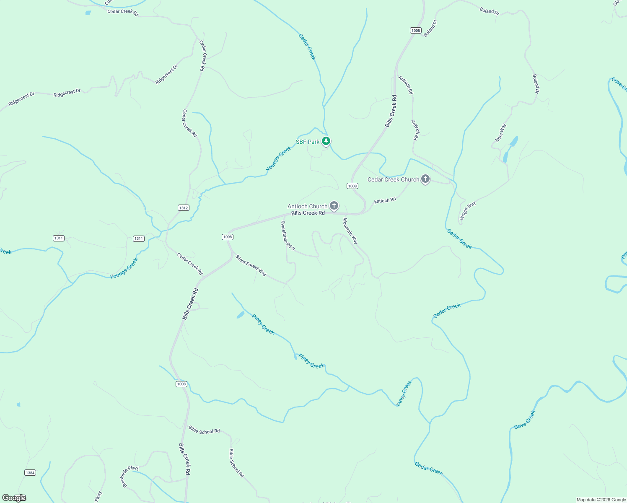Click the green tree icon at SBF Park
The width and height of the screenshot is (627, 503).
(326, 141)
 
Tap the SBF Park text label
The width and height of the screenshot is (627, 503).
(308, 142)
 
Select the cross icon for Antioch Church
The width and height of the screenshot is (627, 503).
(334, 205)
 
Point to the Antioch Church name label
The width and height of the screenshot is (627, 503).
(307, 206)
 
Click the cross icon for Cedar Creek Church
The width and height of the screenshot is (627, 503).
(425, 179)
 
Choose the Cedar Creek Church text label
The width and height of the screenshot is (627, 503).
(393, 179)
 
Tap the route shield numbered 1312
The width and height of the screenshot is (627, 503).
(183, 207)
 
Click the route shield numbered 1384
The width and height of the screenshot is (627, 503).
(30, 472)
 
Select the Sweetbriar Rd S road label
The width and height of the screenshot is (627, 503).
(288, 236)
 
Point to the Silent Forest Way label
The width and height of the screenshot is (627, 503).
(251, 265)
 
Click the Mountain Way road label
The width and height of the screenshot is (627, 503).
(350, 231)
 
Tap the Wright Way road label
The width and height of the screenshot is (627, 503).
(468, 210)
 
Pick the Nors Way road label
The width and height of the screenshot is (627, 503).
(500, 133)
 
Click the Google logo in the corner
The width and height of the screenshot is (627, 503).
(14, 498)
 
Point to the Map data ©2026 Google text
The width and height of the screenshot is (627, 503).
(601, 500)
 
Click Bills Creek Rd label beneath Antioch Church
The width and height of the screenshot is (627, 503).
(308, 213)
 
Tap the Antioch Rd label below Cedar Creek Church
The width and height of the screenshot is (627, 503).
(385, 201)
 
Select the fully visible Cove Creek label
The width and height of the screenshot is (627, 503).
(525, 420)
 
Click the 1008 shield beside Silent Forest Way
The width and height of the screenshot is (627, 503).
(227, 237)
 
